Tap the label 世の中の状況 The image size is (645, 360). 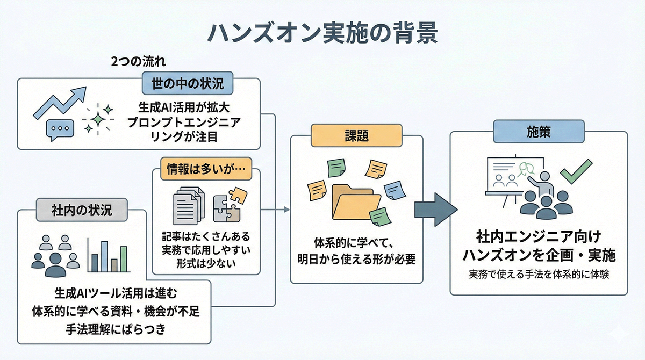[187, 83]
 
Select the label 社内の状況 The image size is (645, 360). [82, 209]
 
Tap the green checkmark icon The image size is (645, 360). [576, 170]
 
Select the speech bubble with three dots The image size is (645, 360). [59, 129]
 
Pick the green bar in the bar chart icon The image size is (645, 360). [124, 259]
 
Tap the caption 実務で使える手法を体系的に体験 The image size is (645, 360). [538, 273]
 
